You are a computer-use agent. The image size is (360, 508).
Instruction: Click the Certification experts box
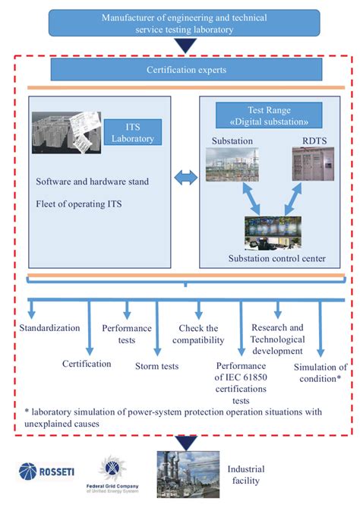pos(185,70)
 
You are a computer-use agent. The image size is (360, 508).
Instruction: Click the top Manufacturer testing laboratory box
pos(185,21)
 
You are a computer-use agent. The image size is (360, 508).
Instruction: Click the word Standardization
pos(50,327)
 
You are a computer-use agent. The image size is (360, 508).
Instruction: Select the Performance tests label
pos(127,335)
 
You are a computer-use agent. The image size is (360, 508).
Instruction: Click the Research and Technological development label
pos(278,339)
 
